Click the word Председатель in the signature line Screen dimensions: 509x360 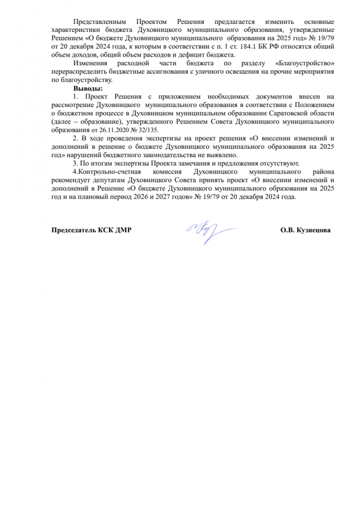point(76,231)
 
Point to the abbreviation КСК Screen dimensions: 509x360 point(112,231)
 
